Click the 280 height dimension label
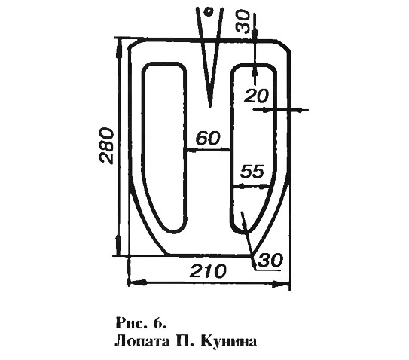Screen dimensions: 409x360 coord(107,145)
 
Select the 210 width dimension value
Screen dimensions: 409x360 coord(208,271)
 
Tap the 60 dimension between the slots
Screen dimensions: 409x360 coord(208,138)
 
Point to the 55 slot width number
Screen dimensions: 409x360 coord(252,172)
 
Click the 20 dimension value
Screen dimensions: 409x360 coord(256,96)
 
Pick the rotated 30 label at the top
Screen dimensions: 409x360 coord(243,21)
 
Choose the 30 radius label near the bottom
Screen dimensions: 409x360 coord(270,260)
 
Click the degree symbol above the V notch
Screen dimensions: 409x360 coord(209,12)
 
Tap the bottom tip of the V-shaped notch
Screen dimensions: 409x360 coord(209,106)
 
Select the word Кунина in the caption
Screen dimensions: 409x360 coord(229,341)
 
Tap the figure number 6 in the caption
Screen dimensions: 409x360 coord(160,323)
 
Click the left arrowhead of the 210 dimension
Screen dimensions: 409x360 coord(137,282)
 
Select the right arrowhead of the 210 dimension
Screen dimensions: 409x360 coord(281,284)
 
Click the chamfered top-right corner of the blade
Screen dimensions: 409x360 coord(283,45)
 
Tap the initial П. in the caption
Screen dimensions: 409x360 coord(182,341)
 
